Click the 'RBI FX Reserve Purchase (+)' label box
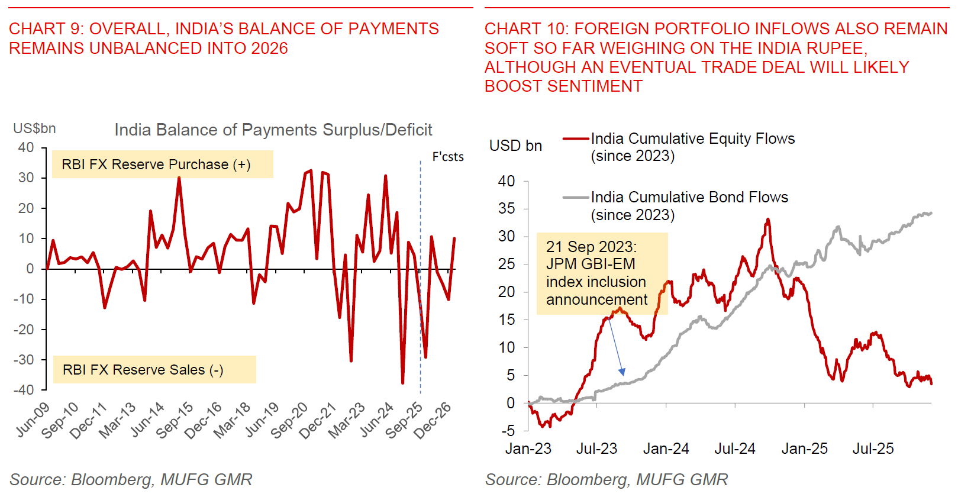pos(162,164)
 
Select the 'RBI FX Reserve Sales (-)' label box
pos(154,370)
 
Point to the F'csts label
pos(448,157)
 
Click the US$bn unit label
pos(34,128)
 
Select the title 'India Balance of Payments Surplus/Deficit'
pos(273,130)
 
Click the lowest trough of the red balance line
pos(403,383)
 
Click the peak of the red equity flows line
pos(768,220)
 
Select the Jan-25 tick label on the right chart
pos(804,449)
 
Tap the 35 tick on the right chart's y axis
pos(507,208)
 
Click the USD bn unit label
pos(515,146)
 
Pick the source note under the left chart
pos(131,479)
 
